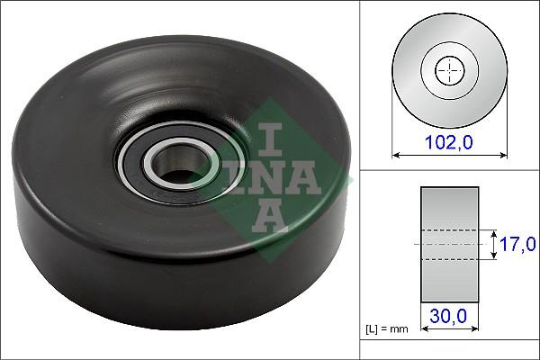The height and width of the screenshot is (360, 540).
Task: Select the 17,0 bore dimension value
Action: pos(518,244)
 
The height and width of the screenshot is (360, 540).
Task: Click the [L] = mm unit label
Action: pos(387,329)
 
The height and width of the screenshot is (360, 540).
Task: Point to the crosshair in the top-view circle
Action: pos(447,70)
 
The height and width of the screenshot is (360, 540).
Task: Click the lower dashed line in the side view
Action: pos(449,260)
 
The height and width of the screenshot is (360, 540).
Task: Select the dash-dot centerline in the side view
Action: pos(449,244)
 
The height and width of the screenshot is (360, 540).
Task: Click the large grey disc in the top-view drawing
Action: pos(414,90)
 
